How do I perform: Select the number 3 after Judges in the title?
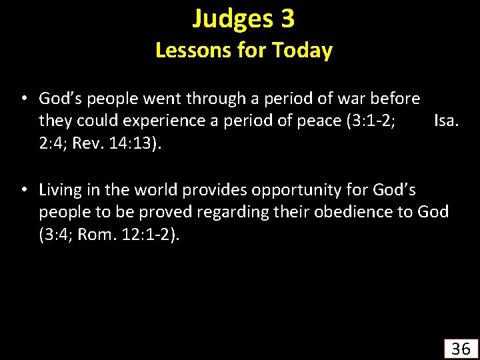pos(287,19)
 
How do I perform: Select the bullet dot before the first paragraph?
pos(23,99)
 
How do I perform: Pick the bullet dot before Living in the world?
pos(23,191)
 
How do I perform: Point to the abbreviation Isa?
pos(445,121)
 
